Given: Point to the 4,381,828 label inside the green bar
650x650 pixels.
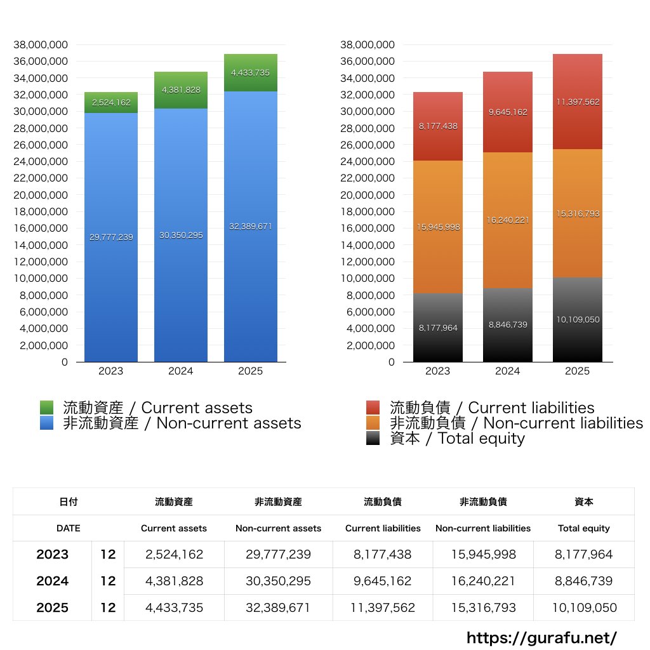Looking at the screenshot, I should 180,90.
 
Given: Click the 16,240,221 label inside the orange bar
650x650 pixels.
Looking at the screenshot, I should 507,220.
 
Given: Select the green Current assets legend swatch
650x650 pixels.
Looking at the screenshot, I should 47,408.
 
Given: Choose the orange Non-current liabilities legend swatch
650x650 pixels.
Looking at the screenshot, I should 373,423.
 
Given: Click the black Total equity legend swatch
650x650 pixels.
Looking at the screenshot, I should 373,438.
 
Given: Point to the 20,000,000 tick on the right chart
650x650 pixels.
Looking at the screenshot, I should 368,195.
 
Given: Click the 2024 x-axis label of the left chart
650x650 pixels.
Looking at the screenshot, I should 180,371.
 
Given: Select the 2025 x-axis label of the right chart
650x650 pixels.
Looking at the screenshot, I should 577,371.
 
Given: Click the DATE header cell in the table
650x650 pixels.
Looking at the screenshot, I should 68,528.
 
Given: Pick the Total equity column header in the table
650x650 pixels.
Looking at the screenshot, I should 583,528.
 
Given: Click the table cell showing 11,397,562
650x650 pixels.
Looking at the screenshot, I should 383,607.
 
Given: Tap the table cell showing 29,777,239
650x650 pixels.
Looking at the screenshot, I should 278,554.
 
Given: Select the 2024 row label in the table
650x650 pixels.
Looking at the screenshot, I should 52,581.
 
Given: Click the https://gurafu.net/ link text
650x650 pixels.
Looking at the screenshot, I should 541,638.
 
